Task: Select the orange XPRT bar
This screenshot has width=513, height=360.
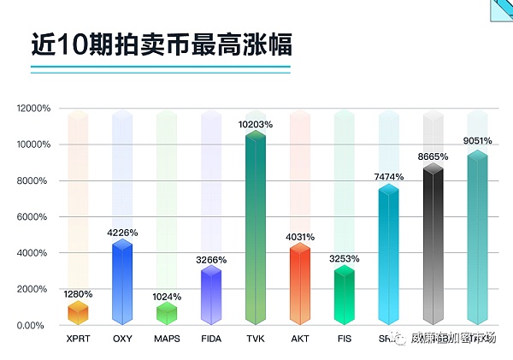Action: pos(78,313)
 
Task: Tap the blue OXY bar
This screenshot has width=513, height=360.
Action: pos(122,283)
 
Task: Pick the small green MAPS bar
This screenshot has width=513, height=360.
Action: pos(167,314)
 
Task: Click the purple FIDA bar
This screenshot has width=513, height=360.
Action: pos(211,296)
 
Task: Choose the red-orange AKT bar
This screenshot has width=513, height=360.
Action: pos(300,285)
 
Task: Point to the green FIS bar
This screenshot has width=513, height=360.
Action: pos(345,296)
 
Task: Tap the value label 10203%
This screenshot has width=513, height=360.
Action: pos(256,125)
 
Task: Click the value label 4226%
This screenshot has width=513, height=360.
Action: pos(122,232)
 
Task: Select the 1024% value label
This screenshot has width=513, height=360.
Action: pos(167,297)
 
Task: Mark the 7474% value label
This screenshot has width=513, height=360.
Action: pos(389,176)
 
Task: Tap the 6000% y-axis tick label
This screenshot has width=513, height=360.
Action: pos(35,217)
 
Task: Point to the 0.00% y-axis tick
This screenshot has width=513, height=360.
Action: pos(38,325)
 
